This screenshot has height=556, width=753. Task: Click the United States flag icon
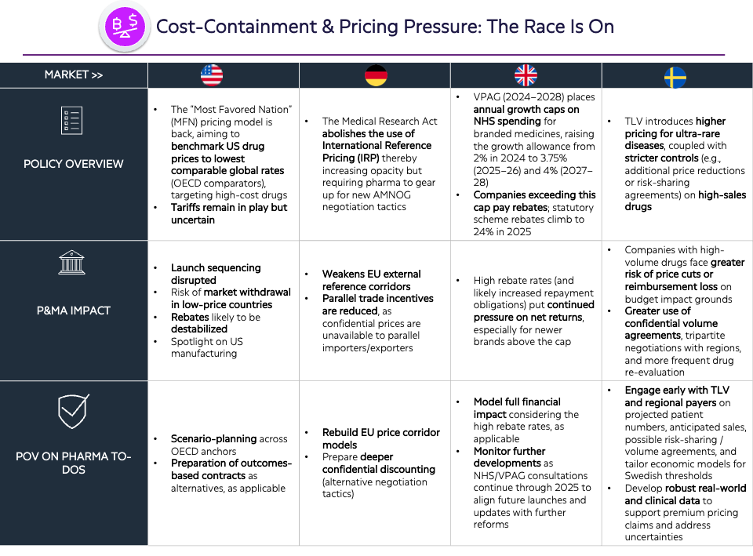point(212,75)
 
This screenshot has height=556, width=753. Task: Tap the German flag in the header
point(376,75)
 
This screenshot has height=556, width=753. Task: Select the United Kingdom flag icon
point(526,75)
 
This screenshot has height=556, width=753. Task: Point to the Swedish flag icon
point(675,78)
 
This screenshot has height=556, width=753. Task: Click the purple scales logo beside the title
point(125,26)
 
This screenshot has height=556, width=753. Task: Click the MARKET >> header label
point(74,75)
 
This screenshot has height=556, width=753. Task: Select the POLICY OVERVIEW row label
point(74,164)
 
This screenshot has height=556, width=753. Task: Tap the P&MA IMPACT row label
point(74,311)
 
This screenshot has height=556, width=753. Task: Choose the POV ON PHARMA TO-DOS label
point(74,463)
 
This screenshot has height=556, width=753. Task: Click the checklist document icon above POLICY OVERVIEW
point(72,120)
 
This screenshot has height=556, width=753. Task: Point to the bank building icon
point(71,262)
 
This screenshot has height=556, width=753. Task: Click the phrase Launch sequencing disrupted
point(216,274)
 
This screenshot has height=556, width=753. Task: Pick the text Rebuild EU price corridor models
point(381,438)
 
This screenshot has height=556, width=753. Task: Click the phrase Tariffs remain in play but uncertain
point(229,213)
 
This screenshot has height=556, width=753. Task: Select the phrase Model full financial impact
point(517,408)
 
